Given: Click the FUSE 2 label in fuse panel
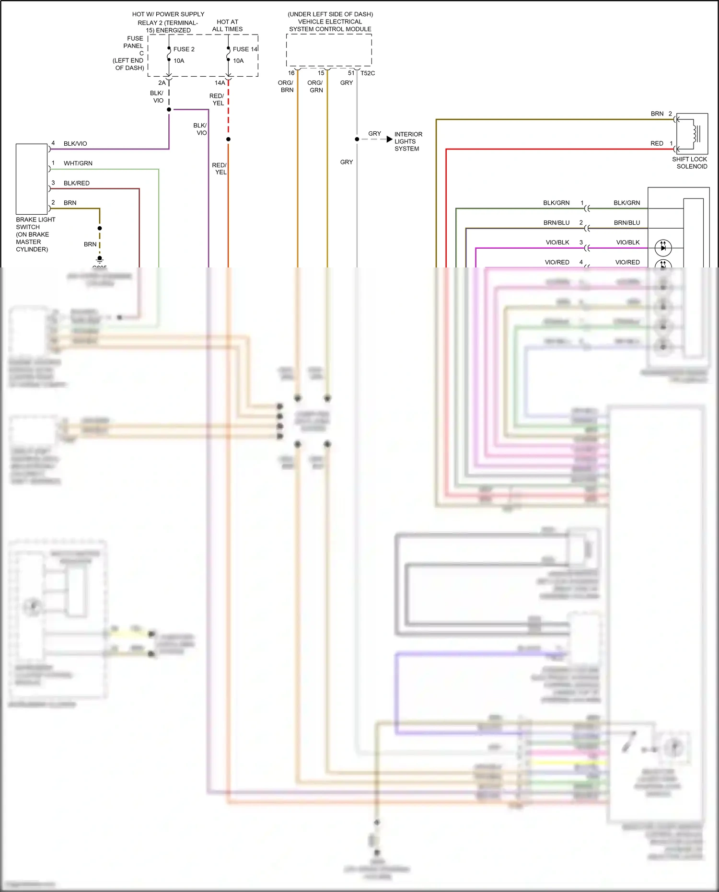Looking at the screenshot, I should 184,49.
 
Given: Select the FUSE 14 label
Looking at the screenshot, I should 245,49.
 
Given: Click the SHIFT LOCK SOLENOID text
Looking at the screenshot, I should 689,163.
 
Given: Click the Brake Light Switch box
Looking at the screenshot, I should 32,179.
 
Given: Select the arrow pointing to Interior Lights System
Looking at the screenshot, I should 389,139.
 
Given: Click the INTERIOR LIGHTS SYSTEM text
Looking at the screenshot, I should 408,141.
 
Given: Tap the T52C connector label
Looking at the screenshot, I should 368,73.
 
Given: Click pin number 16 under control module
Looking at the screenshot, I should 291,73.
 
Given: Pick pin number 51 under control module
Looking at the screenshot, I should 351,73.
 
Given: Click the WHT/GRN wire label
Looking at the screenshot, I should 78,163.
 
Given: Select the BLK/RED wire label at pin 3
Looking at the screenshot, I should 76,183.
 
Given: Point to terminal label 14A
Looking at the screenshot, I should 220,83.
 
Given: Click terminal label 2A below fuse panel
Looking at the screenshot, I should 162,83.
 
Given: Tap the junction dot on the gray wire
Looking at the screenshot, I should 357,139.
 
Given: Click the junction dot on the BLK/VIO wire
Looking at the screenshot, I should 169,110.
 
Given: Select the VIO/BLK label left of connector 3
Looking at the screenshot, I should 557,243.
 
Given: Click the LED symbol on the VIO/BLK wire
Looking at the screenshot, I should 663,248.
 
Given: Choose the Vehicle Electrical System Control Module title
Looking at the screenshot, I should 330,22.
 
